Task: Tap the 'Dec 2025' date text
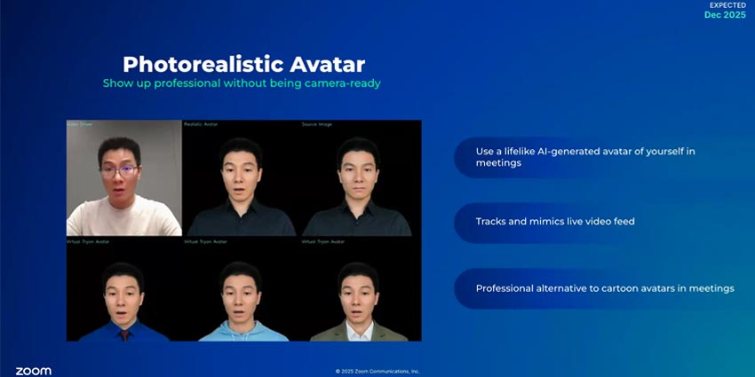[726, 15]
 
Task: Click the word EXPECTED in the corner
[727, 4]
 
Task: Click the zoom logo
[33, 370]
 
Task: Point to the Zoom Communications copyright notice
[377, 371]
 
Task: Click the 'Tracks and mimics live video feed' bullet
[555, 221]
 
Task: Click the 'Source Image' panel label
[317, 124]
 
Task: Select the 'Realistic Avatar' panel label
[201, 124]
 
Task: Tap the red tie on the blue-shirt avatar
[123, 334]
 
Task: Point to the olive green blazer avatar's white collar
[359, 329]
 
